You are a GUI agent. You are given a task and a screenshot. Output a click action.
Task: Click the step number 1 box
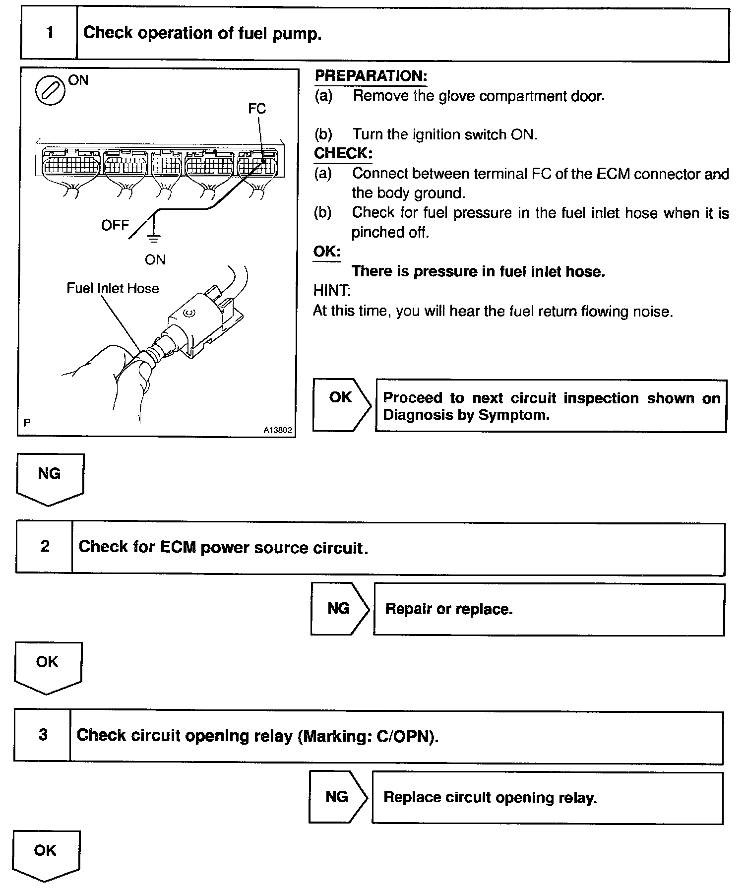(49, 33)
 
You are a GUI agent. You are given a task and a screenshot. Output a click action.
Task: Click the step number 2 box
(45, 547)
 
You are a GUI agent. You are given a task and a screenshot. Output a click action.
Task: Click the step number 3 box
(43, 735)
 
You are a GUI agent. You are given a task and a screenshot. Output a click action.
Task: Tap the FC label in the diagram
(257, 109)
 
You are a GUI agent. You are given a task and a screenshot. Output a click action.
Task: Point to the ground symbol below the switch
(154, 239)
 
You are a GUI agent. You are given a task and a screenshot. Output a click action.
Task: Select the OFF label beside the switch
(115, 226)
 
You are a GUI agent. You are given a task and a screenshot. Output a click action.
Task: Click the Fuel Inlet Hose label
(113, 289)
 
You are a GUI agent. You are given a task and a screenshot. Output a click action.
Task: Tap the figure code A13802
(278, 431)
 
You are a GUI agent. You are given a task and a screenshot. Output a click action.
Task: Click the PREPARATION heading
(371, 76)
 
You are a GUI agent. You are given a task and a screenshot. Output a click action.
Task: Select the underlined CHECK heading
(343, 153)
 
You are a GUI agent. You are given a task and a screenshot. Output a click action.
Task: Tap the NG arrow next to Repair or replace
(339, 609)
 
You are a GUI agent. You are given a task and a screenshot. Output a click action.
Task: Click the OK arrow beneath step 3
(46, 855)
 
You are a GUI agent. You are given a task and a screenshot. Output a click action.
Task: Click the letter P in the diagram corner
(27, 423)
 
